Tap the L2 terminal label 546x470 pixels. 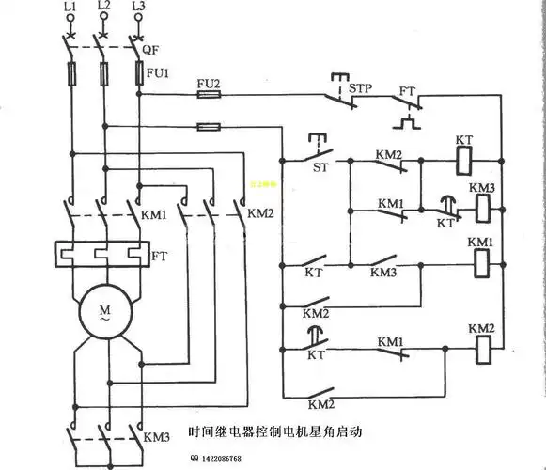103,8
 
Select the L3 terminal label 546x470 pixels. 138,8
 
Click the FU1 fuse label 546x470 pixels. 157,72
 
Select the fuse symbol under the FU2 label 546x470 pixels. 208,94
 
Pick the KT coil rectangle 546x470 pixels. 463,160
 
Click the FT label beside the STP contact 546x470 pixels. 407,92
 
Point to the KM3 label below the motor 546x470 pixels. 157,438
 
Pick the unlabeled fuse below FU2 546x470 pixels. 208,126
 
